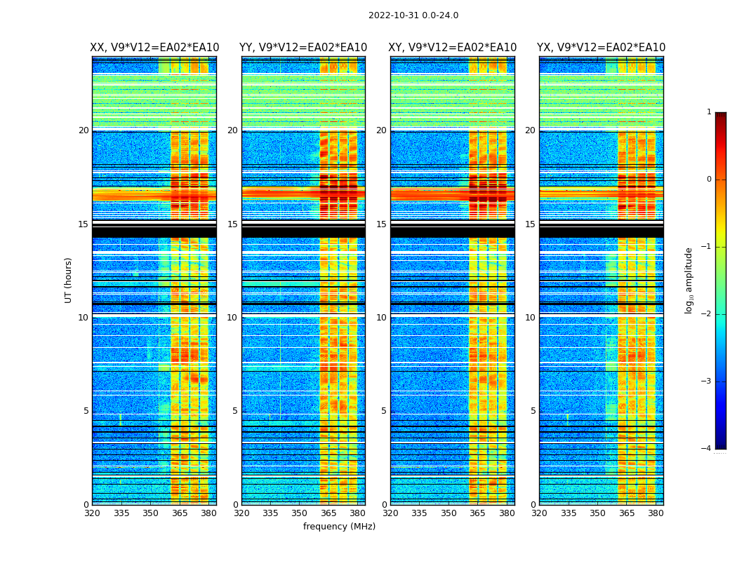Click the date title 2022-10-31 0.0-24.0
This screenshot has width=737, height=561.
point(413,15)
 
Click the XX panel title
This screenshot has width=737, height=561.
point(154,48)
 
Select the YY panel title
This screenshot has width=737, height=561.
point(303,48)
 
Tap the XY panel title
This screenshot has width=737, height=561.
point(453,48)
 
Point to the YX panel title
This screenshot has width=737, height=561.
point(602,48)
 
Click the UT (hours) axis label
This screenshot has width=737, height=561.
point(69,280)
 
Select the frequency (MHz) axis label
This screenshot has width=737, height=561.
point(339,527)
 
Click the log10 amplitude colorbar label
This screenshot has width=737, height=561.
point(689,280)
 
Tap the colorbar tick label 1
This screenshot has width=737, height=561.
point(709,112)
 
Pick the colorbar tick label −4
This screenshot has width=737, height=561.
point(707,449)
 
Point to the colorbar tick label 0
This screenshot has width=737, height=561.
point(709,180)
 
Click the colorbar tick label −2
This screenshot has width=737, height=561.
point(707,314)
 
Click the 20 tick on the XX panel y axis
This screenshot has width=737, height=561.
point(84,130)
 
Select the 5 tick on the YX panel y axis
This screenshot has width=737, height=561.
point(533,411)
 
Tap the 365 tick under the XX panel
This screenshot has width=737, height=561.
point(180,513)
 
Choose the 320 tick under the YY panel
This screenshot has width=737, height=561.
point(241,513)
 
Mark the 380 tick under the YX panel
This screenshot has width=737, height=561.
point(656,513)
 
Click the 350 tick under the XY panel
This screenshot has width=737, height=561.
point(449,513)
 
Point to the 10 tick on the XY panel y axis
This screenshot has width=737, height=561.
point(381,318)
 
